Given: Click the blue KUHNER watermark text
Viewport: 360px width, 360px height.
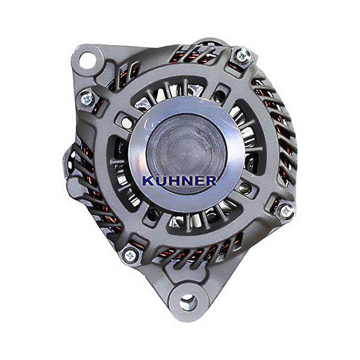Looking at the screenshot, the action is (179, 181).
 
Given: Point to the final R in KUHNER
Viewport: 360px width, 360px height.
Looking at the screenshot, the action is (211, 181).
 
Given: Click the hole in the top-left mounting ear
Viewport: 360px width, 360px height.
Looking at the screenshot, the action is (87, 60).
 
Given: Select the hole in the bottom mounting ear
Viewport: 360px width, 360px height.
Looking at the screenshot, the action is (188, 302).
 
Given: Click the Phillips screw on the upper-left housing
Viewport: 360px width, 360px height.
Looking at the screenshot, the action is (88, 99).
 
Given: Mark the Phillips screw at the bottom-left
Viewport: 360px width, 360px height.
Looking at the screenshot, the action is (130, 256).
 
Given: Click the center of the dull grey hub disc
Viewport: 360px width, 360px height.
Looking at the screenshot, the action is (187, 152).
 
